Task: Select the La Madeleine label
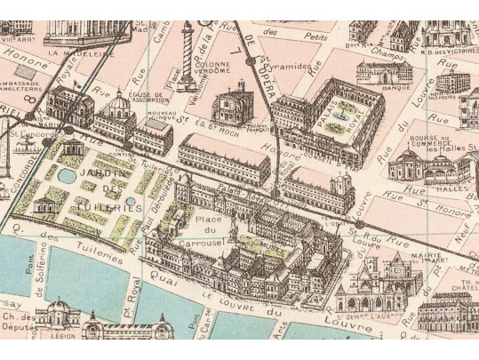pyautogui.click(x=77, y=53)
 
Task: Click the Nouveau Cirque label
pyautogui.click(x=158, y=117)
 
